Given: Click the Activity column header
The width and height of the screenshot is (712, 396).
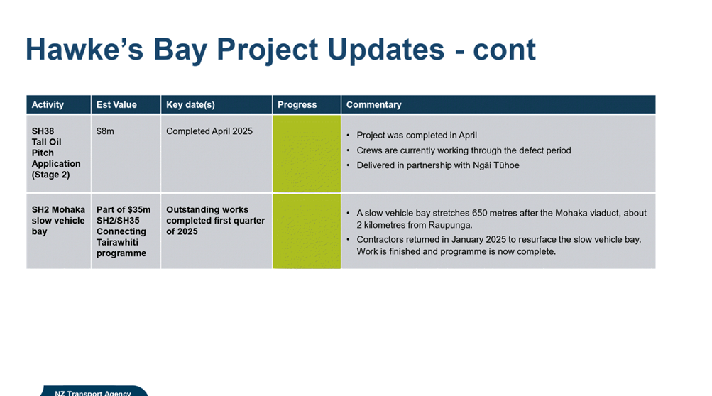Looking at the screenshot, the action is pyautogui.click(x=48, y=105).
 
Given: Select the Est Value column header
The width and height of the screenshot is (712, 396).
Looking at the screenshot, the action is pyautogui.click(x=116, y=105).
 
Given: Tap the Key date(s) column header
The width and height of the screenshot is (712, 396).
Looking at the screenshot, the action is pyautogui.click(x=190, y=105).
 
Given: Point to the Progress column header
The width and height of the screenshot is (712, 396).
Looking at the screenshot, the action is pyautogui.click(x=297, y=105).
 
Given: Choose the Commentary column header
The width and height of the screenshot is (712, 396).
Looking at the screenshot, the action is pyautogui.click(x=373, y=105).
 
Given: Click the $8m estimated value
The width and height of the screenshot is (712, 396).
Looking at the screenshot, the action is pyautogui.click(x=105, y=131).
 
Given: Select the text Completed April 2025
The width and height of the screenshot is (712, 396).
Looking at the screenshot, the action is pyautogui.click(x=209, y=131).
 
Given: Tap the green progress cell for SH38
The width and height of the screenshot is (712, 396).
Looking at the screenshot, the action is pyautogui.click(x=307, y=153).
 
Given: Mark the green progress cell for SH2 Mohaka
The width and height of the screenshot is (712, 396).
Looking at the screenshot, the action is pyautogui.click(x=307, y=231).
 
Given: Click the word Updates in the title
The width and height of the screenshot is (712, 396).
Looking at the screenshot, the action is pyautogui.click(x=385, y=50).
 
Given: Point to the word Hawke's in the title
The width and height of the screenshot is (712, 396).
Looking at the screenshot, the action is pyautogui.click(x=84, y=49).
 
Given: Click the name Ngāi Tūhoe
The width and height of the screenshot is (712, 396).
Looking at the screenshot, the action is pyautogui.click(x=496, y=165).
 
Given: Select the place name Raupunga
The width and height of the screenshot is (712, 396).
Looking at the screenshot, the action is pyautogui.click(x=451, y=225).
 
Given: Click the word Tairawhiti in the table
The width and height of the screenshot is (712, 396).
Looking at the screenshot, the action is pyautogui.click(x=117, y=243).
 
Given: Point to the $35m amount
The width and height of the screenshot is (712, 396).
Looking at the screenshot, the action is pyautogui.click(x=139, y=210).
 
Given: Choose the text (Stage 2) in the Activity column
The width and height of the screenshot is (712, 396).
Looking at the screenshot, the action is pyautogui.click(x=51, y=175).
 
